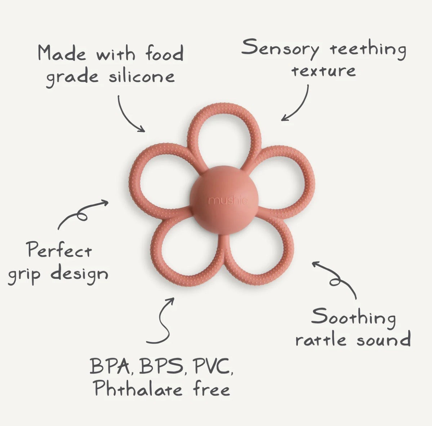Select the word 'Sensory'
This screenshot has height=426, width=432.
[x=280, y=49]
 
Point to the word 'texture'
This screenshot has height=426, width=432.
[x=324, y=71]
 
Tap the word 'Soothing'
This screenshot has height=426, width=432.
[x=353, y=319]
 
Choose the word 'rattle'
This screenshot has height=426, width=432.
[x=321, y=339]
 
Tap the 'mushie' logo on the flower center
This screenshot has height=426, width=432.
[x=228, y=201]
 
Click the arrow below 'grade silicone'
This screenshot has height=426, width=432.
[x=126, y=116]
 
